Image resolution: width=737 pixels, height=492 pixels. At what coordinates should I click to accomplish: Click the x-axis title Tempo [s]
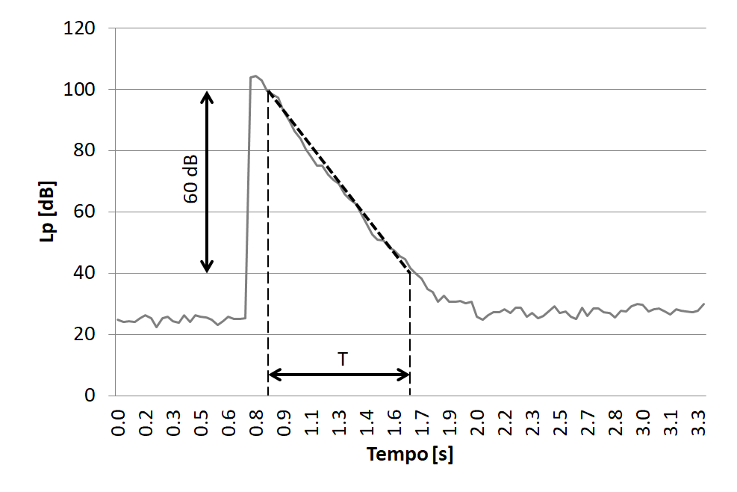pyautogui.click(x=409, y=455)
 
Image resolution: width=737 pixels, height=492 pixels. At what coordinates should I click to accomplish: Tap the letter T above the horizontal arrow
pyautogui.click(x=342, y=360)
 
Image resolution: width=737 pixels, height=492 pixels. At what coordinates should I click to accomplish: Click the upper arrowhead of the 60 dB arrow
pyautogui.click(x=208, y=96)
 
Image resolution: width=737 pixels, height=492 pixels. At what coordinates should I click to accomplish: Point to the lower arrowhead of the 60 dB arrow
pyautogui.click(x=208, y=267)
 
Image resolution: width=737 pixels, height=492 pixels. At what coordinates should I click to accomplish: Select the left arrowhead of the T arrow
pyautogui.click(x=273, y=375)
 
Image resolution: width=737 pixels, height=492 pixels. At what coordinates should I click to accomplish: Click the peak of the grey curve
pyautogui.click(x=255, y=76)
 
